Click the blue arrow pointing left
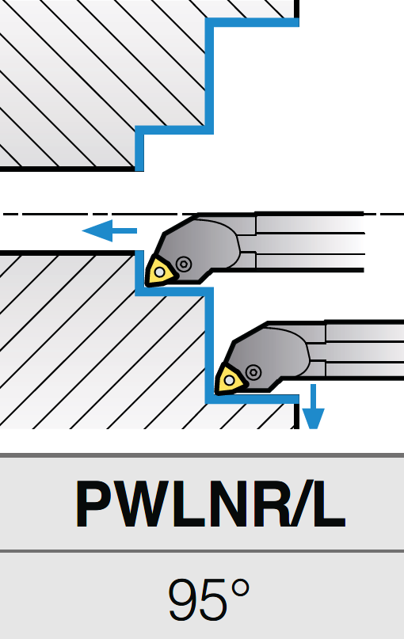click(x=109, y=230)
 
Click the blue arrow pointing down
click(x=313, y=407)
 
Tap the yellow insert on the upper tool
click(x=161, y=271)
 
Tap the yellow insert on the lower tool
click(x=231, y=380)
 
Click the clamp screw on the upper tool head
click(x=185, y=264)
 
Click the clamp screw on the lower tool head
click(x=253, y=372)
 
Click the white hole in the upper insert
click(x=159, y=272)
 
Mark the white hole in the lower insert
click(x=229, y=381)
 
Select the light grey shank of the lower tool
click(x=365, y=351)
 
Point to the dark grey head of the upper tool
click(x=204, y=246)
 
